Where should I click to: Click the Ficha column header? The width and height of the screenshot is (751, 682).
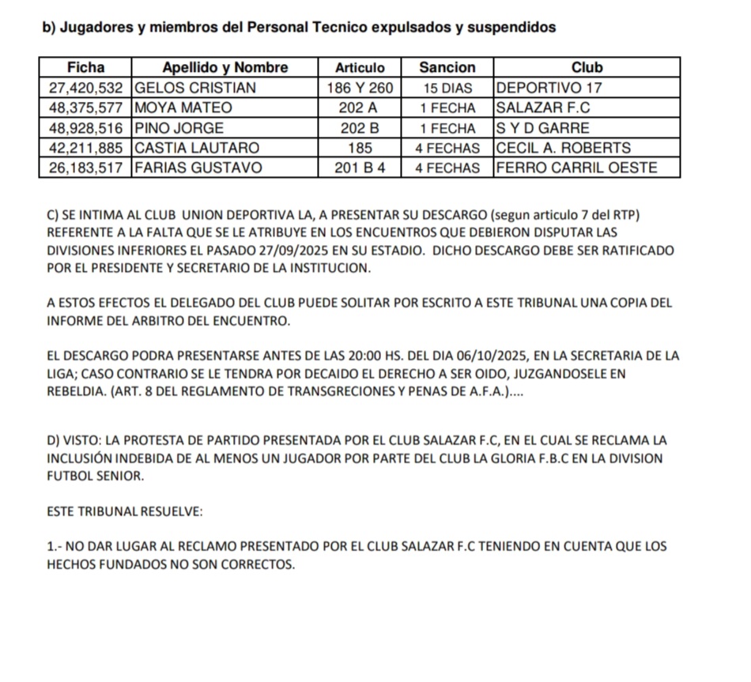[x=86, y=66]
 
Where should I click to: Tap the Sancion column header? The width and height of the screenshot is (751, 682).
[x=447, y=66]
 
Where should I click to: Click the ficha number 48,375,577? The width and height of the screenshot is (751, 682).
[x=86, y=107]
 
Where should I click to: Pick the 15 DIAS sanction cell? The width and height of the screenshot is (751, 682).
[x=447, y=87]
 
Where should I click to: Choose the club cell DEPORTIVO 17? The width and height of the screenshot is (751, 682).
[x=553, y=87]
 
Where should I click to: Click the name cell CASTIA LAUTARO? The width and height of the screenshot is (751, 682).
[x=198, y=148]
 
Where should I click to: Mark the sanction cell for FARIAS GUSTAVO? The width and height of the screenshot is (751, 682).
[x=447, y=168]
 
